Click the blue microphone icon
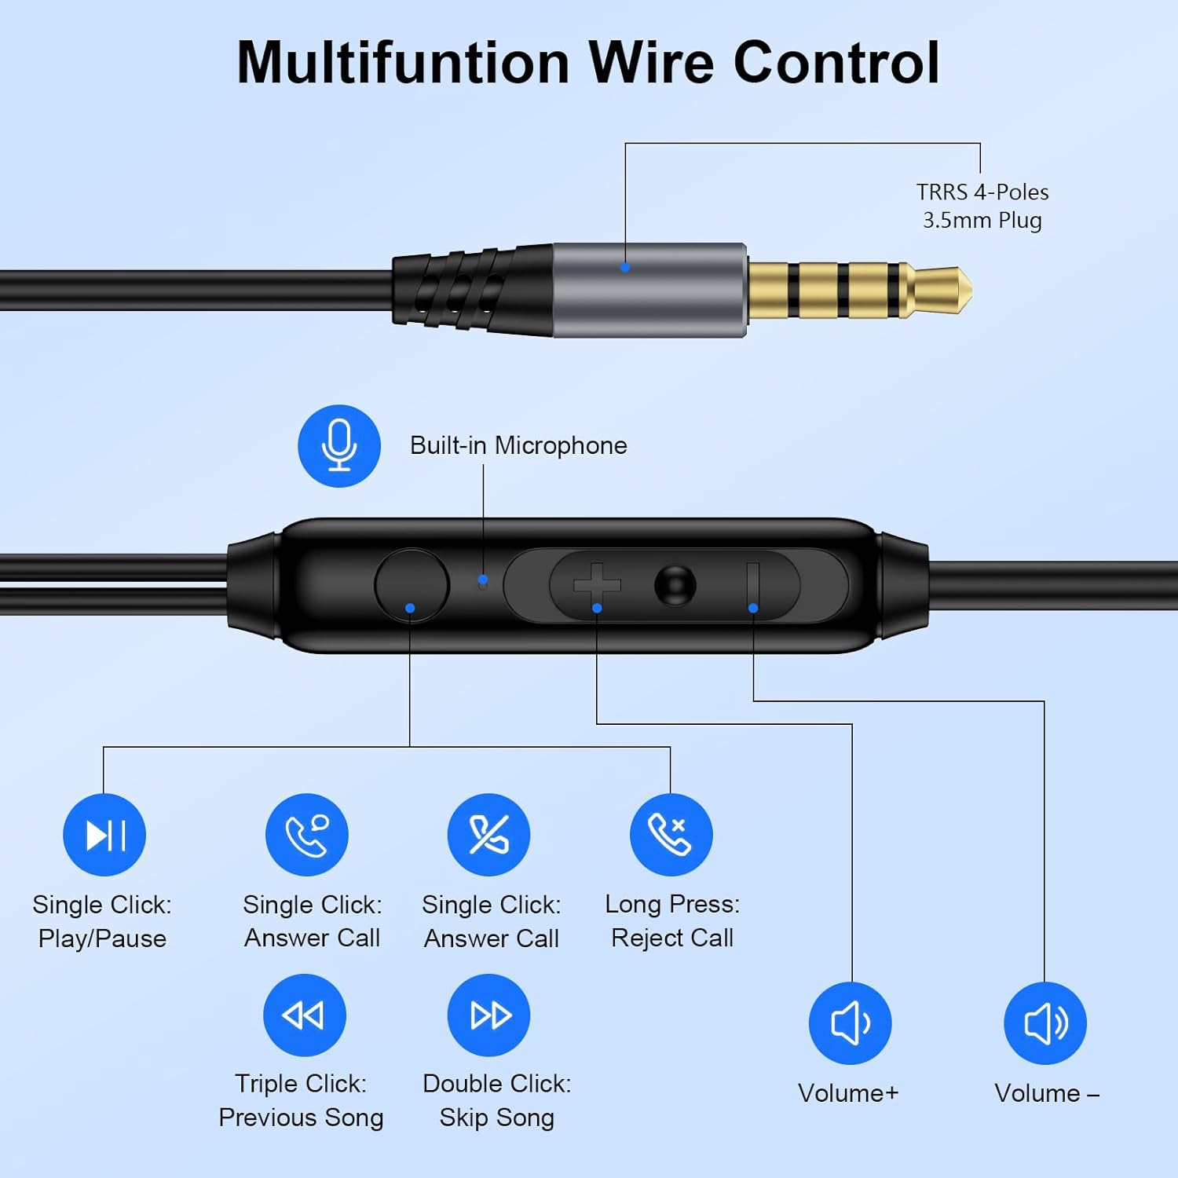(x=339, y=445)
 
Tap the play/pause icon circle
(x=104, y=835)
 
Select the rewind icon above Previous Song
(x=304, y=1015)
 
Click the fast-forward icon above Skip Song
(x=488, y=1015)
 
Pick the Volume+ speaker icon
(x=851, y=1023)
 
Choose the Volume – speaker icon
(x=1045, y=1023)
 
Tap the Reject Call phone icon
(x=671, y=835)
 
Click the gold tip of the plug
(x=942, y=290)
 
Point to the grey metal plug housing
(x=650, y=290)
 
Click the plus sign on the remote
(x=597, y=585)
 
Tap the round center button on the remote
(x=675, y=585)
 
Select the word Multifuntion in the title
(x=403, y=63)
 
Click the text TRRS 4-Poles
(x=982, y=192)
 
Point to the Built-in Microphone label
(x=518, y=445)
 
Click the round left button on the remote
(x=412, y=585)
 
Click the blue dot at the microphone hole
(x=483, y=580)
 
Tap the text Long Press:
(x=672, y=904)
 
